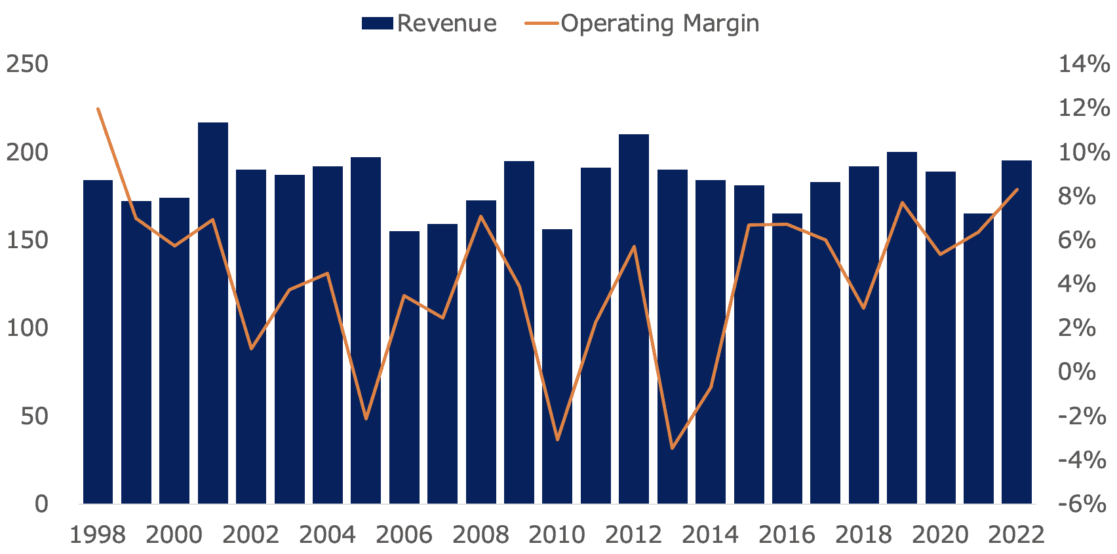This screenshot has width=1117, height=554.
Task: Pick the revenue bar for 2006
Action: pos(404,367)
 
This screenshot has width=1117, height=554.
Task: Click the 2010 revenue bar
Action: pos(557,367)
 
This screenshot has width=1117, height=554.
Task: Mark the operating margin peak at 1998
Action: pos(98,109)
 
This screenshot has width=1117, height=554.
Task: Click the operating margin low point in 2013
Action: pos(672,449)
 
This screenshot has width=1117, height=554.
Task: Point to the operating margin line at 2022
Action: pos(1017,190)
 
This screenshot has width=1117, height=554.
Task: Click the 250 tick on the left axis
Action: pos(28,64)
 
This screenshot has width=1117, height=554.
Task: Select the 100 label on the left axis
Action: pos(28,328)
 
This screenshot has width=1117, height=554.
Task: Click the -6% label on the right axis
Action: pos(1082,504)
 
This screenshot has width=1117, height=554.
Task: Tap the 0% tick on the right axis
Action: pos(1077,372)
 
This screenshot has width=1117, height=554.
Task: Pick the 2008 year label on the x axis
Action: pos(480,535)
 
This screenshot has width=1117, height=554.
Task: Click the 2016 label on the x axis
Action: pos(787,535)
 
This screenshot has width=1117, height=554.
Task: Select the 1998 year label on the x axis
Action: pos(98,535)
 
